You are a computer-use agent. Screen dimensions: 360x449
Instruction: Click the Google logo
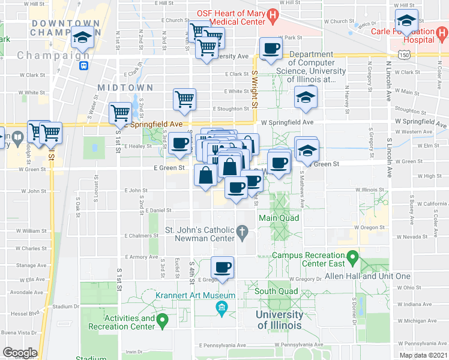pos(20,353)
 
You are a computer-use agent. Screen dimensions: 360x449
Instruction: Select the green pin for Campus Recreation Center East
pos(353,259)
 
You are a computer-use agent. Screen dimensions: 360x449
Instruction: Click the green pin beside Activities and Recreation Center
pos(161,322)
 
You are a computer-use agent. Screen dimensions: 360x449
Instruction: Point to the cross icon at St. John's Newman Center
pos(243,230)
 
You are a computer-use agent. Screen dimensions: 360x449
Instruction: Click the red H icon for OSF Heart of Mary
pos(273,14)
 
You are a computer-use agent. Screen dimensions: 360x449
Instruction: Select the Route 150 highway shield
pos(407,55)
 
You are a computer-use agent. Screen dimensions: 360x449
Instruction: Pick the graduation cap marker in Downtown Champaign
pos(82,38)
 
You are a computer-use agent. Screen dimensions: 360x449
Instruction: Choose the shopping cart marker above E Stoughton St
pos(184,100)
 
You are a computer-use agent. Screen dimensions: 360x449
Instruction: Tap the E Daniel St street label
pos(157,211)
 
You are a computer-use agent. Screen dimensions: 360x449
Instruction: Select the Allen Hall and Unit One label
pos(367,276)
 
